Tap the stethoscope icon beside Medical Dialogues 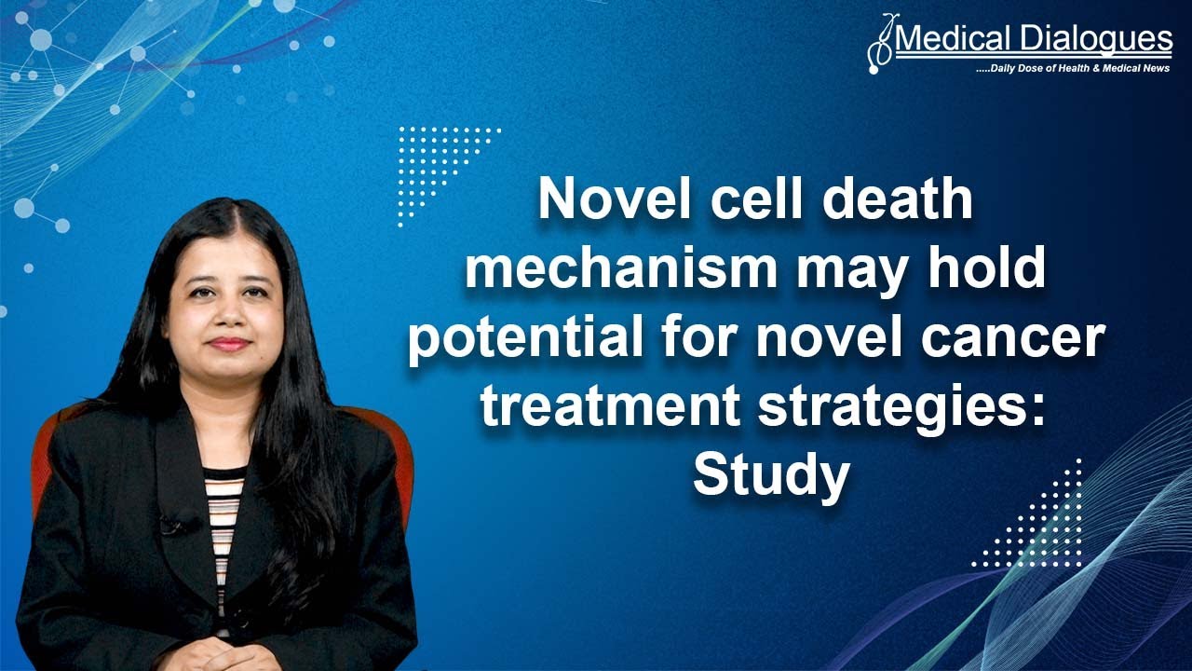tap(878, 44)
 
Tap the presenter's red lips tap(227, 343)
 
